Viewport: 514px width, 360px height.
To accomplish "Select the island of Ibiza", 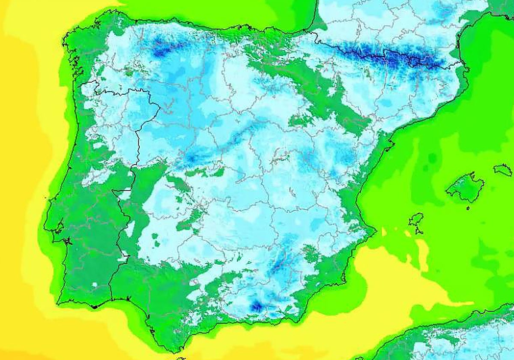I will click(x=416, y=220).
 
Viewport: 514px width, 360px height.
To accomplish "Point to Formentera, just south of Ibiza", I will click(x=418, y=232).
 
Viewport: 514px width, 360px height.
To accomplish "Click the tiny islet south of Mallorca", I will click(x=468, y=208).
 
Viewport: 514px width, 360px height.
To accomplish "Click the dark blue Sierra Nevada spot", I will click(x=257, y=306).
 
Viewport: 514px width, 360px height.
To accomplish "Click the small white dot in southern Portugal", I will click(x=94, y=285).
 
